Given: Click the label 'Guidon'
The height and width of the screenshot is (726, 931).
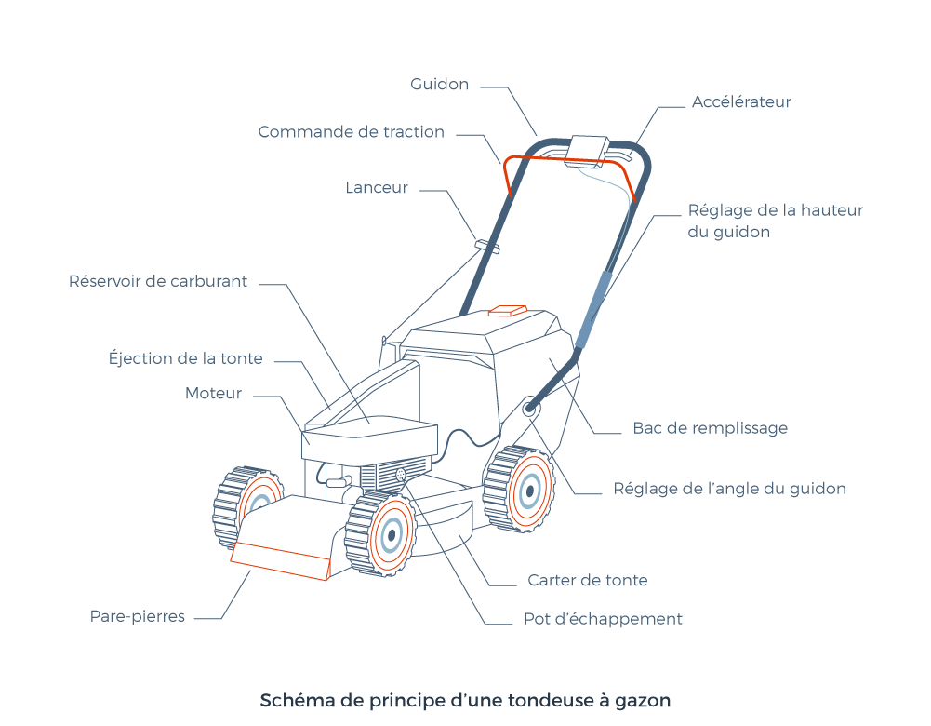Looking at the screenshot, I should click(439, 85).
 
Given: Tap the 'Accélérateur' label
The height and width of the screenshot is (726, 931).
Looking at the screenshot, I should click(741, 102).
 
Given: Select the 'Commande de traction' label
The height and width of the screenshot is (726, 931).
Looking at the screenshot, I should click(351, 132).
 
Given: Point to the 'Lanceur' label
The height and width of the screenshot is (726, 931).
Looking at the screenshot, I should click(377, 188).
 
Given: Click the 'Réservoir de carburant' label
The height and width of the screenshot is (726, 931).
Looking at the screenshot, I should click(158, 281).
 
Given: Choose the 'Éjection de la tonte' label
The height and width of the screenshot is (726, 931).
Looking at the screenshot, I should click(186, 358).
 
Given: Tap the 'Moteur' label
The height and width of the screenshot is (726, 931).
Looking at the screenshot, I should click(213, 394).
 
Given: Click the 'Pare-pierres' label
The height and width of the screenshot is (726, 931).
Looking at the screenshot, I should click(138, 616).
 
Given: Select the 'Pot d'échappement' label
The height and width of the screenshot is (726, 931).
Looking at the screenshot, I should click(603, 619).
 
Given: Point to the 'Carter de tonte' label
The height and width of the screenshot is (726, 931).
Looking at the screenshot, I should click(588, 581).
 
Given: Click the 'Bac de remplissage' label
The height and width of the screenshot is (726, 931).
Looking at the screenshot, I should click(710, 429).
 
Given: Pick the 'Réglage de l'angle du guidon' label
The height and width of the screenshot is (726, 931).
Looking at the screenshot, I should click(729, 489).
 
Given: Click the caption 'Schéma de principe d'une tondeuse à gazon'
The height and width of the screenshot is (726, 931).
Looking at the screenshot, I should click(465, 700).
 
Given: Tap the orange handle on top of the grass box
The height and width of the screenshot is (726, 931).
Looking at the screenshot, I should click(508, 310).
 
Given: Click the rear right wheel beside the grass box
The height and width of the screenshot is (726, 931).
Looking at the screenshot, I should click(526, 488).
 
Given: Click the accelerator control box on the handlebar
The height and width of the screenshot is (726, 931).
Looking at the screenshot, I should click(587, 149).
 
